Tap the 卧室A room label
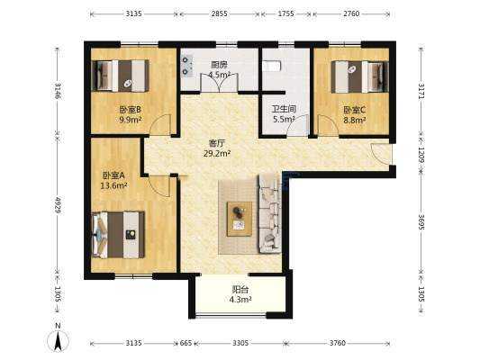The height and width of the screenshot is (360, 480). pyautogui.click(x=113, y=175)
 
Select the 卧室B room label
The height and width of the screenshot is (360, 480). pyautogui.click(x=130, y=109)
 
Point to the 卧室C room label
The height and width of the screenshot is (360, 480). pyautogui.click(x=355, y=110)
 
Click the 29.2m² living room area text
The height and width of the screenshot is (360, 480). pyautogui.click(x=217, y=154)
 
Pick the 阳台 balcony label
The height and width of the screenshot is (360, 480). pyautogui.click(x=240, y=289)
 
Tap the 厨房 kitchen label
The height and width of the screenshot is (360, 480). pyautogui.click(x=219, y=65)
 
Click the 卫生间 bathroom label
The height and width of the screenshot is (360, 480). pyautogui.click(x=285, y=109)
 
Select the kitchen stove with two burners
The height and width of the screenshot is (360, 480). pyautogui.click(x=186, y=66)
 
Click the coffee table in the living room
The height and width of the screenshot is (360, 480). pyautogui.click(x=240, y=219)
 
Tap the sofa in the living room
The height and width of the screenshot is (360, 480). pyautogui.click(x=270, y=213)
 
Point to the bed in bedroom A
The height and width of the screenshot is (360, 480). pyautogui.click(x=119, y=235)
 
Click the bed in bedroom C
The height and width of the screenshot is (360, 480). pyautogui.click(x=359, y=76)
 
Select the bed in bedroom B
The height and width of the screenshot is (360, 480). pyautogui.click(x=121, y=76)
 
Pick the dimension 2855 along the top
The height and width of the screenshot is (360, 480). pyautogui.click(x=220, y=13)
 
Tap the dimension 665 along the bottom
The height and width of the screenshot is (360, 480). pyautogui.click(x=186, y=343)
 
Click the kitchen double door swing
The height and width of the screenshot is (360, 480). pyautogui.click(x=219, y=82)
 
